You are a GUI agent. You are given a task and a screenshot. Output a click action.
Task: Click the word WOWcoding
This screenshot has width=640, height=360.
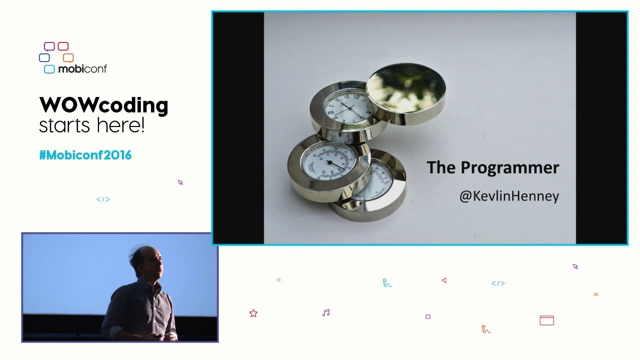(x=103, y=105)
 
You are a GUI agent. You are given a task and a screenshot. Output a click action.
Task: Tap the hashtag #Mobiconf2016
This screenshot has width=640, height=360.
(x=85, y=155)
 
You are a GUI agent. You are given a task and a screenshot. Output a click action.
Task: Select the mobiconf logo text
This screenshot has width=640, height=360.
(x=82, y=69)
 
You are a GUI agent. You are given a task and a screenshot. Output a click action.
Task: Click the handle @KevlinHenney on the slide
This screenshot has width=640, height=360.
(x=509, y=196)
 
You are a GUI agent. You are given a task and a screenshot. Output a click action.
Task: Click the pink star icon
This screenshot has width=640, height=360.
(x=253, y=313)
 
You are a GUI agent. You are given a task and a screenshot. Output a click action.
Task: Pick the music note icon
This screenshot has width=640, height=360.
(x=326, y=313)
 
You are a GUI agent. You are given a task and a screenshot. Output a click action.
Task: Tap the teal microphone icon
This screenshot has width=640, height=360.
(x=386, y=283)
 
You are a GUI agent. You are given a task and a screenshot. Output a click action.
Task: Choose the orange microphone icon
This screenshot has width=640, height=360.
(x=485, y=329)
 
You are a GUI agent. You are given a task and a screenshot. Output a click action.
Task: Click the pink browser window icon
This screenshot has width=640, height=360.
(x=546, y=320)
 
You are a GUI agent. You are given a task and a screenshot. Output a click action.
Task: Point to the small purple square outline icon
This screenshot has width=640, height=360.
(x=428, y=316)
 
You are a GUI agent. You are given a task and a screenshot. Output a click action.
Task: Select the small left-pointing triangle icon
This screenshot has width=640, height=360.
(x=444, y=280)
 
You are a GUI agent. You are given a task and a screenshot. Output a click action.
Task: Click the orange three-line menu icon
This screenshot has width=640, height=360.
(x=596, y=294)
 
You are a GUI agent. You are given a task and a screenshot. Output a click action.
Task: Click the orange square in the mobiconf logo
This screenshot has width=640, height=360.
(x=68, y=57)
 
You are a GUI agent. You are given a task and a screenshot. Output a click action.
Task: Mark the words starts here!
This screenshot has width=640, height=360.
(x=91, y=125)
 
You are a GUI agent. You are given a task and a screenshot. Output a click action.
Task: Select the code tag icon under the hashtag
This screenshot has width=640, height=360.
(x=103, y=199)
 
